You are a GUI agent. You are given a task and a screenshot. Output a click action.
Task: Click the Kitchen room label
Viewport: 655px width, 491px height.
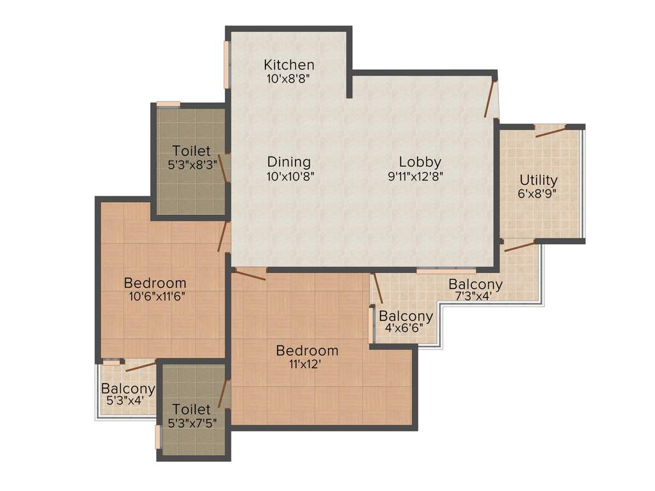pos(289,65)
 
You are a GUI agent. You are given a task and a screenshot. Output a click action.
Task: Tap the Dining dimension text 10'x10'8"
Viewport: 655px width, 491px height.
pos(290,176)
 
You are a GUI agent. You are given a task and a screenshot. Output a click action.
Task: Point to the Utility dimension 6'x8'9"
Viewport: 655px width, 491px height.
pos(538,194)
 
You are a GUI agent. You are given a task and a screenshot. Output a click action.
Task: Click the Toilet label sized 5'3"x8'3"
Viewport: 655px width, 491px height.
pos(191,151)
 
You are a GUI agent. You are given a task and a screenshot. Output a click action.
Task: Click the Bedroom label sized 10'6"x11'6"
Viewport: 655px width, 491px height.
pos(155,283)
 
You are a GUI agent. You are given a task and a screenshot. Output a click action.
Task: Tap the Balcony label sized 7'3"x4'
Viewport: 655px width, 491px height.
pos(475,284)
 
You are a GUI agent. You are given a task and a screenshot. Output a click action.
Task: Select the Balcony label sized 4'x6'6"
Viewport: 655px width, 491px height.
pos(406,316)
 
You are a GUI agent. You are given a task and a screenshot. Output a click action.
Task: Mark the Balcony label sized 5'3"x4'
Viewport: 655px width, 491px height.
pos(128,388)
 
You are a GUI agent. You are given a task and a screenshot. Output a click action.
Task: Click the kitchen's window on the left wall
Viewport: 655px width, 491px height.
pos(226,65)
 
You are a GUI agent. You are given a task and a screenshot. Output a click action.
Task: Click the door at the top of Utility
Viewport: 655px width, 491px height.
pos(551,131)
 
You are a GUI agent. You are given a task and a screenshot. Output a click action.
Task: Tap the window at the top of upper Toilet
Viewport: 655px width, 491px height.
pos(168,104)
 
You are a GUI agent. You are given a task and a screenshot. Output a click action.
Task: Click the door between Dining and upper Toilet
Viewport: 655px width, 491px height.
pos(224,168)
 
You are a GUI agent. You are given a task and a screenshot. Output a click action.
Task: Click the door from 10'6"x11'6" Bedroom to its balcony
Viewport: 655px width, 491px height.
pos(141,365)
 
